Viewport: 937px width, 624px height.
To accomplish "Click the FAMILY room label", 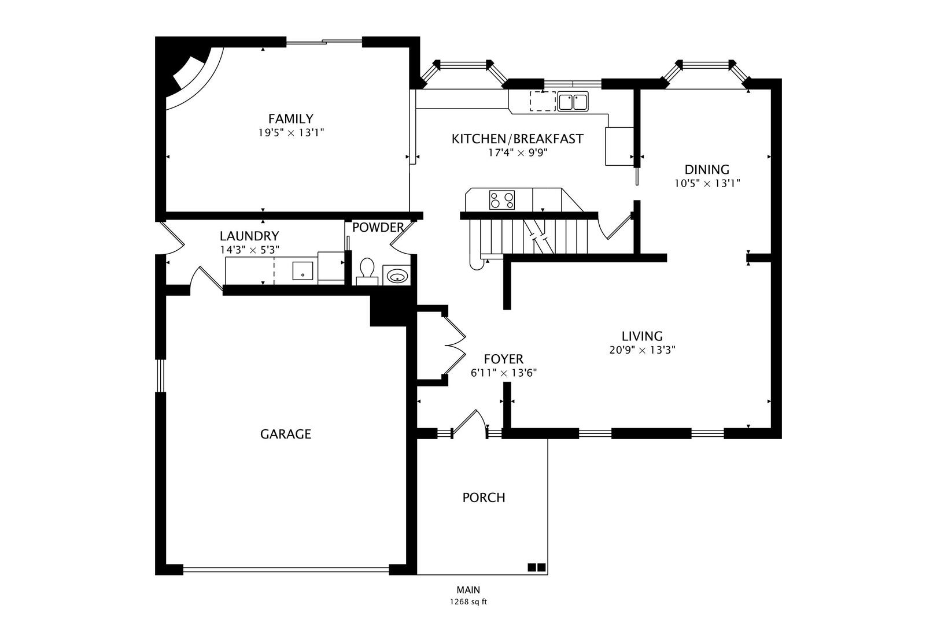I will [290, 119].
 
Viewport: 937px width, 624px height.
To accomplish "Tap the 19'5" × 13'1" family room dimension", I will [290, 133].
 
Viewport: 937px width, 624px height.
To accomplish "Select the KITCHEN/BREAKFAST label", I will [517, 139].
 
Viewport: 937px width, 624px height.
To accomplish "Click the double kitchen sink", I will [573, 102].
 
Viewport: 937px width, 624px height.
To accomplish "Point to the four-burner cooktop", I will [501, 200].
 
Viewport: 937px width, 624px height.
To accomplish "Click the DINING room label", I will [707, 170].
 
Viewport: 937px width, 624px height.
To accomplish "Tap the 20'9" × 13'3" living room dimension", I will [642, 350].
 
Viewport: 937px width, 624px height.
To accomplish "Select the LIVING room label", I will [642, 336].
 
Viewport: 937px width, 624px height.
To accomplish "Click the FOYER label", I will [503, 359].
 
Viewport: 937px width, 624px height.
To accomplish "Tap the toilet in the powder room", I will [367, 270].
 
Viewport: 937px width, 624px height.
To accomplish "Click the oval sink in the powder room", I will [397, 277].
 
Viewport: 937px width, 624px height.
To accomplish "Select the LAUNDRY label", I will [249, 236].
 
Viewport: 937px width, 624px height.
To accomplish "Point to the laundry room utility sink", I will [302, 270].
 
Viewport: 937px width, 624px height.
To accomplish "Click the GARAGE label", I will [286, 434].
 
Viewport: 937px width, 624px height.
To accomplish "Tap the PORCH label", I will [484, 497].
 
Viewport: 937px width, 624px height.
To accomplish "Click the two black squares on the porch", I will [536, 568].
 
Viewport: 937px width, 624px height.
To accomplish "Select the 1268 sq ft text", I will [468, 602].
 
